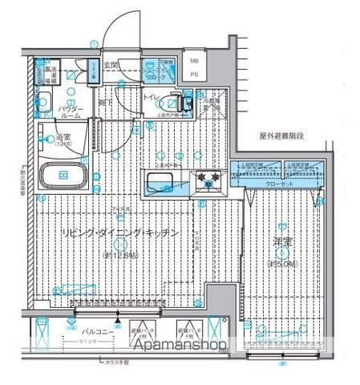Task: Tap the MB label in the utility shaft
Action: click(x=195, y=61)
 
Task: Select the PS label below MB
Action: click(x=195, y=75)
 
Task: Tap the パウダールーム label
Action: click(x=50, y=112)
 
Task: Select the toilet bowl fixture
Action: click(x=170, y=103)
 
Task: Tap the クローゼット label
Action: click(x=278, y=184)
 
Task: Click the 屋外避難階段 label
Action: click(x=282, y=136)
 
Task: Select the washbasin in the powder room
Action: click(x=45, y=101)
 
